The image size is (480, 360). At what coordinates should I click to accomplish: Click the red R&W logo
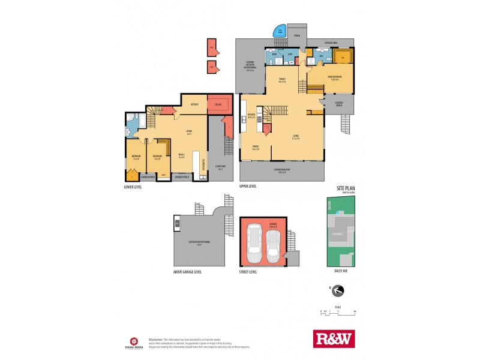[x=334, y=338]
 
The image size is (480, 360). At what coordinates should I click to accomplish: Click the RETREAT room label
[x=194, y=104]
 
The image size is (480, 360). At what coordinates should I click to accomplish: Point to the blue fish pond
[x=280, y=32]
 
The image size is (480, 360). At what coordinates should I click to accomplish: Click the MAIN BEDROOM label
[x=335, y=77]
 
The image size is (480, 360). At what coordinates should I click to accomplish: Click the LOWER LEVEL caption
[x=134, y=187]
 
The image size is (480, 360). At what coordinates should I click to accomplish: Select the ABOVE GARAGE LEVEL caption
[x=187, y=272]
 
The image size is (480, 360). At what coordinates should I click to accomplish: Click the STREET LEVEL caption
[x=249, y=272]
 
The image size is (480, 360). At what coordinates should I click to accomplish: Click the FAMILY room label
[x=282, y=80]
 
